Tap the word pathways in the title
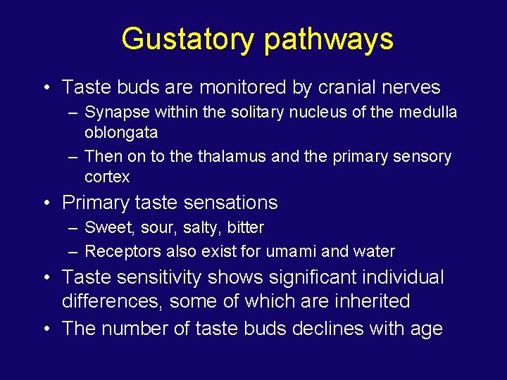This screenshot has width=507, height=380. click(329, 40)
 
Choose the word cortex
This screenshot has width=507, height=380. click(107, 177)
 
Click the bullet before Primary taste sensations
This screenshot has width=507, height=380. click(45, 203)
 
